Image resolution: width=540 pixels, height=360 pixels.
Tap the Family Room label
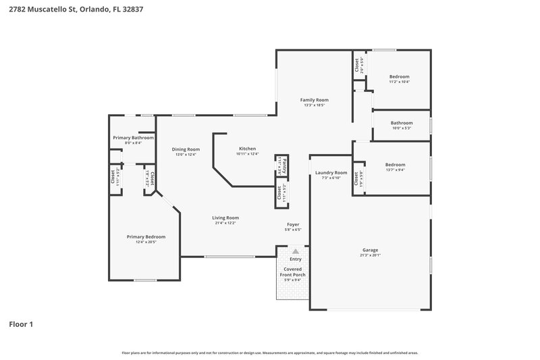click(x=315, y=100)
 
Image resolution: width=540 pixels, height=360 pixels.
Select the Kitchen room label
click(x=248, y=149)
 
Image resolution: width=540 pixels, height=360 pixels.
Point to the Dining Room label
click(x=185, y=149)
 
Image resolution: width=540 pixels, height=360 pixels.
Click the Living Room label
click(x=225, y=217)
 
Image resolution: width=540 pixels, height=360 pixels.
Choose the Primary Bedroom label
click(x=146, y=237)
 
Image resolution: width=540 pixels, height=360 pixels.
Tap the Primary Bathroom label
click(x=132, y=138)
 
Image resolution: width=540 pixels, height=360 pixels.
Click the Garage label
click(x=370, y=250)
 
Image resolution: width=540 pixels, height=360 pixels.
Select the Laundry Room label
click(x=331, y=173)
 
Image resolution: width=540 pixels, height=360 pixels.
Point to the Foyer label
click(x=293, y=224)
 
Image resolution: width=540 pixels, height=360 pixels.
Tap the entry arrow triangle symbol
click(x=295, y=251)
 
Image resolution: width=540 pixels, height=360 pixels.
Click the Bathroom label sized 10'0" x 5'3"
click(x=402, y=123)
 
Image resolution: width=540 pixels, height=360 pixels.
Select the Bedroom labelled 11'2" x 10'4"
click(x=399, y=77)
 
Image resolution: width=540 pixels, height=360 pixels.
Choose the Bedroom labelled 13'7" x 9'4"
click(x=395, y=165)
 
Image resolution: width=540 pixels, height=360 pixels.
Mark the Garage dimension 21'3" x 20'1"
click(x=370, y=255)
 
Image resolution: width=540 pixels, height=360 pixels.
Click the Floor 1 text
click(x=20, y=324)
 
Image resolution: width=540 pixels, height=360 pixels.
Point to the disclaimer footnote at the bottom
click(x=270, y=353)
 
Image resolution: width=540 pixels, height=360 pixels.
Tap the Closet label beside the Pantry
click(x=279, y=192)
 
